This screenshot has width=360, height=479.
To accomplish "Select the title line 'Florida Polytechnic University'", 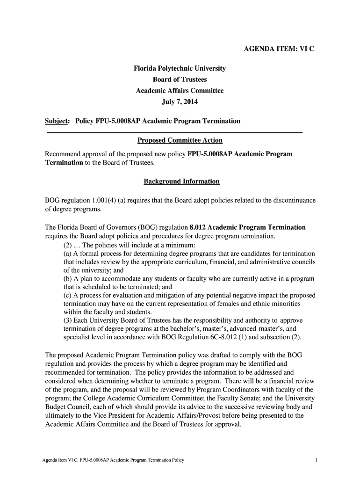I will point(180,69).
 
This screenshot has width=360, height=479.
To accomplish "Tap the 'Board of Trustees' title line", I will point(180,80).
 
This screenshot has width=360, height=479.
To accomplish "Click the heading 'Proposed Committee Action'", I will point(180,140).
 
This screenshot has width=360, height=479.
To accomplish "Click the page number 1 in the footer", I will point(317,460).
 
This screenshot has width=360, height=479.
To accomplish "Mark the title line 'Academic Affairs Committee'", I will point(180,91).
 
